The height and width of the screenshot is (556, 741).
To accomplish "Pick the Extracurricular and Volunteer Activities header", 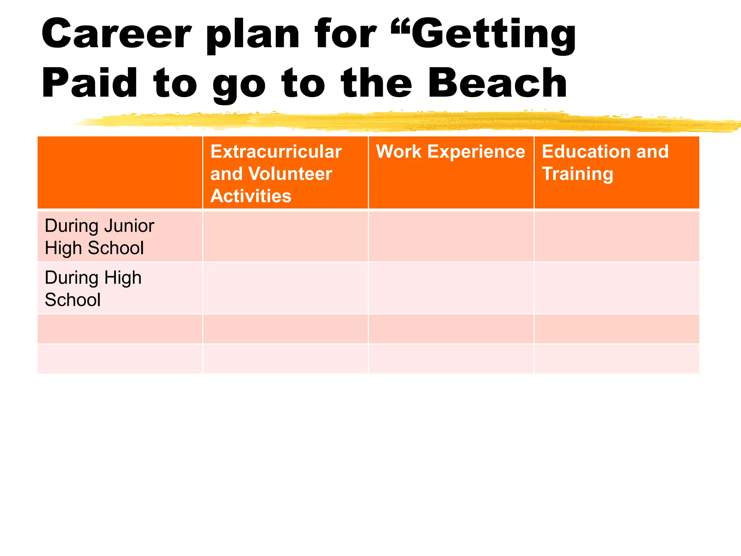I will click(276, 173).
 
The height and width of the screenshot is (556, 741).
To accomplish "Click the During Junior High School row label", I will click(99, 237).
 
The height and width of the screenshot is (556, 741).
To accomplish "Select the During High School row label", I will click(93, 288).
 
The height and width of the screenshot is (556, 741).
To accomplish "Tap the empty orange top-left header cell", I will click(120, 173).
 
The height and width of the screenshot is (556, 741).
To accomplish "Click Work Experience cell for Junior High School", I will click(451, 237).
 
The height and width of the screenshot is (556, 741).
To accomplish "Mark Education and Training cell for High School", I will click(617, 288).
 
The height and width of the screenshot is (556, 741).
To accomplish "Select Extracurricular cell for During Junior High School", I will click(285, 237).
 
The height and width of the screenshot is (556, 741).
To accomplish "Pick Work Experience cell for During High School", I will click(451, 288).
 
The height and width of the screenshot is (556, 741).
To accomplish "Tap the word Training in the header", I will click(577, 174).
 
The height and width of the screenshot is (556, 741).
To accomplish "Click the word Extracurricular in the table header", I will click(276, 151).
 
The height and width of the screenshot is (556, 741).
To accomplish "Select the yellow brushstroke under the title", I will click(398, 121).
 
